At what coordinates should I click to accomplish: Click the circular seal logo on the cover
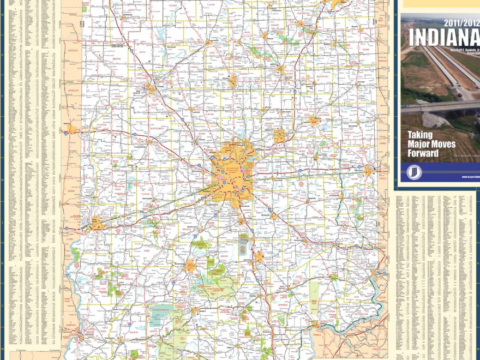[414, 172]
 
